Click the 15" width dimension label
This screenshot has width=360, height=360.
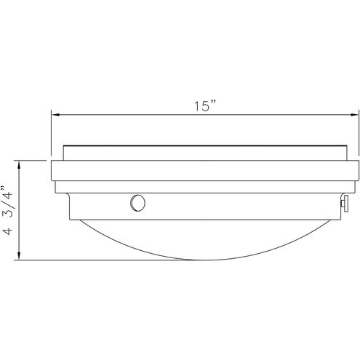(x=205, y=105)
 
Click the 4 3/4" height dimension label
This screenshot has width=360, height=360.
(x=7, y=210)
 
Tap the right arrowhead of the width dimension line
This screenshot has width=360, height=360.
(x=354, y=115)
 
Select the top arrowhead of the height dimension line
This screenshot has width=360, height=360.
(x=19, y=165)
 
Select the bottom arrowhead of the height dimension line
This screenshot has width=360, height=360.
(x=19, y=255)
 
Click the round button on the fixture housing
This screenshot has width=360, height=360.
(x=137, y=203)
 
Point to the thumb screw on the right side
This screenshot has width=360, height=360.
(x=345, y=204)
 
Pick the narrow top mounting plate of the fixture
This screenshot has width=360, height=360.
(x=205, y=153)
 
